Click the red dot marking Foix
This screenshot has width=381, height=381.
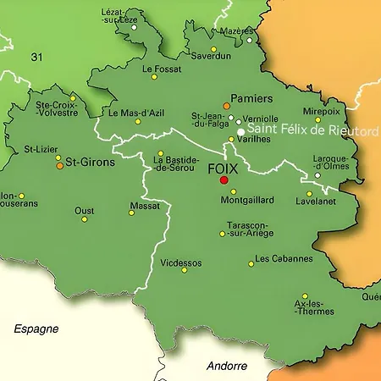224,179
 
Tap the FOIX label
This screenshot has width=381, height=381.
224,168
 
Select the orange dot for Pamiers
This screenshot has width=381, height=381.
226,106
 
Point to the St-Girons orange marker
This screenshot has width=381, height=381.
59,166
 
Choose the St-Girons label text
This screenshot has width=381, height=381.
90,161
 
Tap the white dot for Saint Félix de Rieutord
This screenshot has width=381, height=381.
241,132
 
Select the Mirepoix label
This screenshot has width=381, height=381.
321,111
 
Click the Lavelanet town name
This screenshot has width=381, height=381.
315,202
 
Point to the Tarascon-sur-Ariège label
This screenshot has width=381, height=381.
248,229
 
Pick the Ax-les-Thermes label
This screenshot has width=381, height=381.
313,307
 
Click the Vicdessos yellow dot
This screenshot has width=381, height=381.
184,270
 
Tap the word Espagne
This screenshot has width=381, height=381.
36,328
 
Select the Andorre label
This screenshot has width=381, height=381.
227,366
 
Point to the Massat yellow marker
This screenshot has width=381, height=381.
131,213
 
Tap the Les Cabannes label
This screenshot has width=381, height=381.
284,258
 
